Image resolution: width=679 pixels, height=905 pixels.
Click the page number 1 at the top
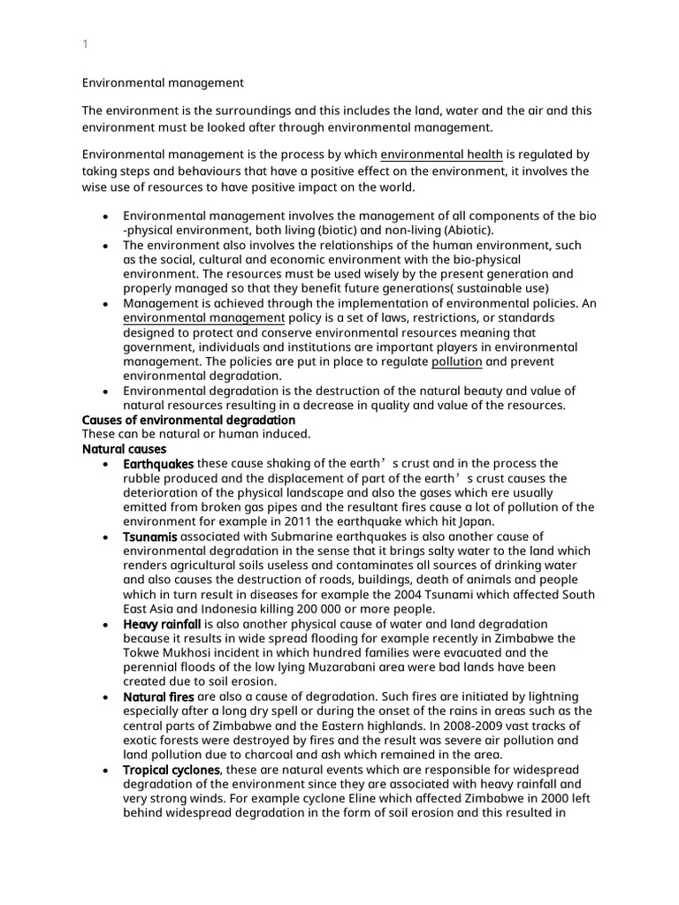pyautogui.click(x=85, y=43)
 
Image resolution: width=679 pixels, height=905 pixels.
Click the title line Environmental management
pyautogui.click(x=163, y=83)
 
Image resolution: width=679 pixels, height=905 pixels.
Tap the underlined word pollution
pyautogui.click(x=456, y=361)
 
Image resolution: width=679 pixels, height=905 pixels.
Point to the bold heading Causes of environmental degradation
pyautogui.click(x=188, y=420)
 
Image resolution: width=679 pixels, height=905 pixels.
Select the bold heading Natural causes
pyautogui.click(x=124, y=449)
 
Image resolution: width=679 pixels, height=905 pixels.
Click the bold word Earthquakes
pyautogui.click(x=158, y=464)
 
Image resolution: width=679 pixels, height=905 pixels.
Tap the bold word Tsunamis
pyautogui.click(x=150, y=536)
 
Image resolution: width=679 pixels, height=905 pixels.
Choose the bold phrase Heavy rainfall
pyautogui.click(x=163, y=624)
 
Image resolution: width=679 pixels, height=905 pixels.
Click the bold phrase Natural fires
pyautogui.click(x=156, y=697)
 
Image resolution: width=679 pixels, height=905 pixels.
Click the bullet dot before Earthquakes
pyautogui.click(x=106, y=465)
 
